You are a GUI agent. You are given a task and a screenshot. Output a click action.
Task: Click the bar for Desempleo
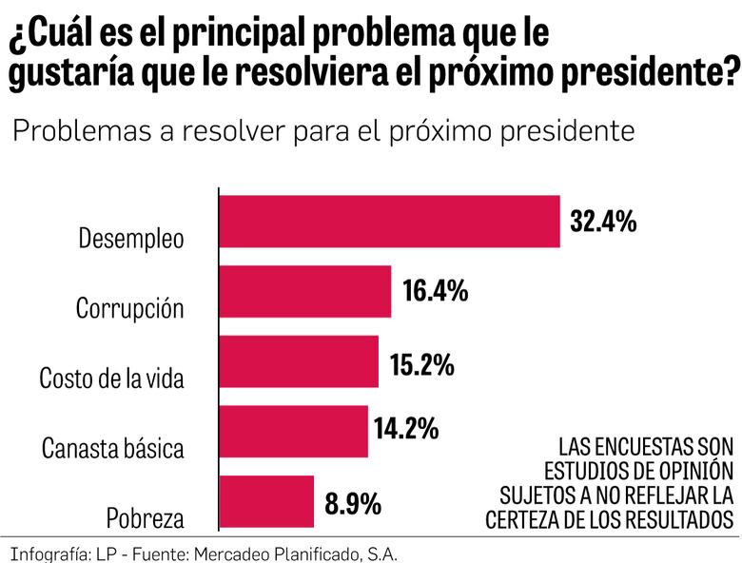[390, 222]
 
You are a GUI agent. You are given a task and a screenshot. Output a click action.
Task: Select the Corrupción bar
[305, 291]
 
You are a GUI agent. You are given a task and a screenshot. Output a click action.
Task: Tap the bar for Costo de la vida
[299, 361]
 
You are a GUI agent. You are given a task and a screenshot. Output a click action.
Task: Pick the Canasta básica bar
[294, 431]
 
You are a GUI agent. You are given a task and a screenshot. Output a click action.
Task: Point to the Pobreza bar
[267, 501]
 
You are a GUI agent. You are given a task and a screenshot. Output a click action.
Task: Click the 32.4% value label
[603, 222]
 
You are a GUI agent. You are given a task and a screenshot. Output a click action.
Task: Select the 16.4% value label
[435, 291]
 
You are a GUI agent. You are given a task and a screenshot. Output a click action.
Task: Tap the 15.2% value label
[421, 363]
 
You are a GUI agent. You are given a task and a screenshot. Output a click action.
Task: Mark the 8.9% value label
[353, 502]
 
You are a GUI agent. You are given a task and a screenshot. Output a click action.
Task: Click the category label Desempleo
[130, 239]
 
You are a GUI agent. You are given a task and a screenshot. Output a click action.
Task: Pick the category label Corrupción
[129, 309]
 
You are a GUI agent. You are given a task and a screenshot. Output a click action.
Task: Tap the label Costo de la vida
[111, 379]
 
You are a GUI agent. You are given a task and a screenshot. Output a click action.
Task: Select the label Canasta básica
[112, 448]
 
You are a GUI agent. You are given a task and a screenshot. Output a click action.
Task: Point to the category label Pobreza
[145, 518]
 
